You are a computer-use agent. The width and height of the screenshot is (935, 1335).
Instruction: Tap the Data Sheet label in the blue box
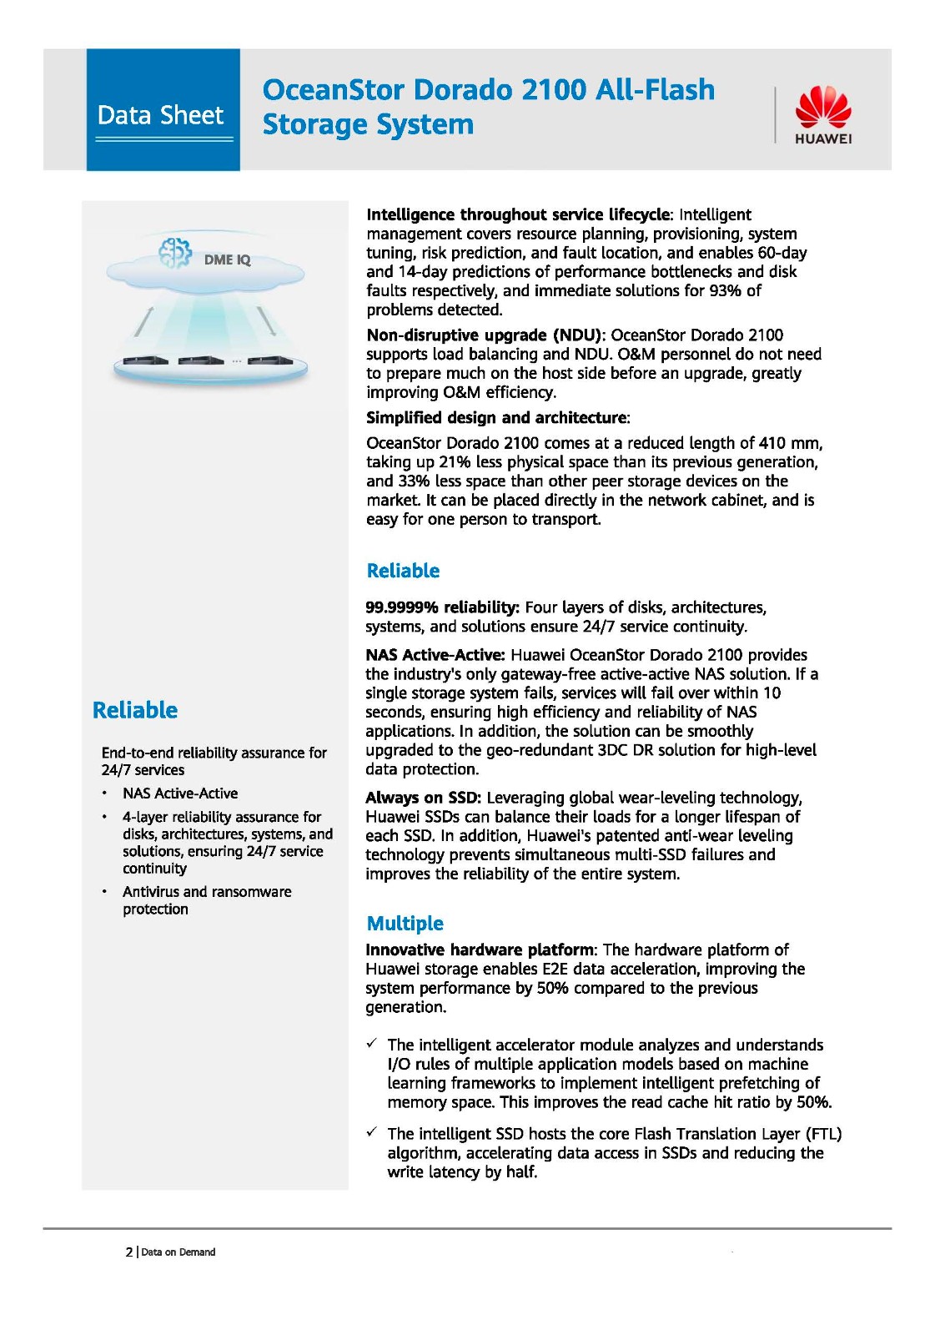click(161, 115)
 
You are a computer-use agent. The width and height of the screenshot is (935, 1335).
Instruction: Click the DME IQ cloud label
click(227, 259)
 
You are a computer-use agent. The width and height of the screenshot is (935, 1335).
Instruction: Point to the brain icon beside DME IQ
click(175, 252)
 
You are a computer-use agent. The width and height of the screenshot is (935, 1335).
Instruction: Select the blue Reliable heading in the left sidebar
click(135, 710)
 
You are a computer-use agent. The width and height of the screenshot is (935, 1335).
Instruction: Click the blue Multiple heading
click(405, 923)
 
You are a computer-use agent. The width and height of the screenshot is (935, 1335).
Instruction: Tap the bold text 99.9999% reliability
click(442, 607)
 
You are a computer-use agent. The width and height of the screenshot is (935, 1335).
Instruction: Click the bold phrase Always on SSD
click(423, 798)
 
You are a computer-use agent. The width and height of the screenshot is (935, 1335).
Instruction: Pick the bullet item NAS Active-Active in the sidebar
click(180, 793)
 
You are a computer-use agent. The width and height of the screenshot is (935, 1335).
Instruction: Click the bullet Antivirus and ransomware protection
click(207, 900)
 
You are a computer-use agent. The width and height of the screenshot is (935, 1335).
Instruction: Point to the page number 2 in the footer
click(129, 1252)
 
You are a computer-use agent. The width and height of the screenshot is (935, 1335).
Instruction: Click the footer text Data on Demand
click(178, 1252)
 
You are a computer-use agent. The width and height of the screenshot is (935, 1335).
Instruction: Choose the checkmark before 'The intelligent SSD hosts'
click(372, 1132)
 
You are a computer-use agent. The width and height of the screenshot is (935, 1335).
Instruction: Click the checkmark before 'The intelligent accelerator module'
click(372, 1044)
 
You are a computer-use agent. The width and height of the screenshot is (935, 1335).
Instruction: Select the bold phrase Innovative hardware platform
click(480, 950)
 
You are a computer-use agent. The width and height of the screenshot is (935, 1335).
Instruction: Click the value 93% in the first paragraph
click(725, 290)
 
